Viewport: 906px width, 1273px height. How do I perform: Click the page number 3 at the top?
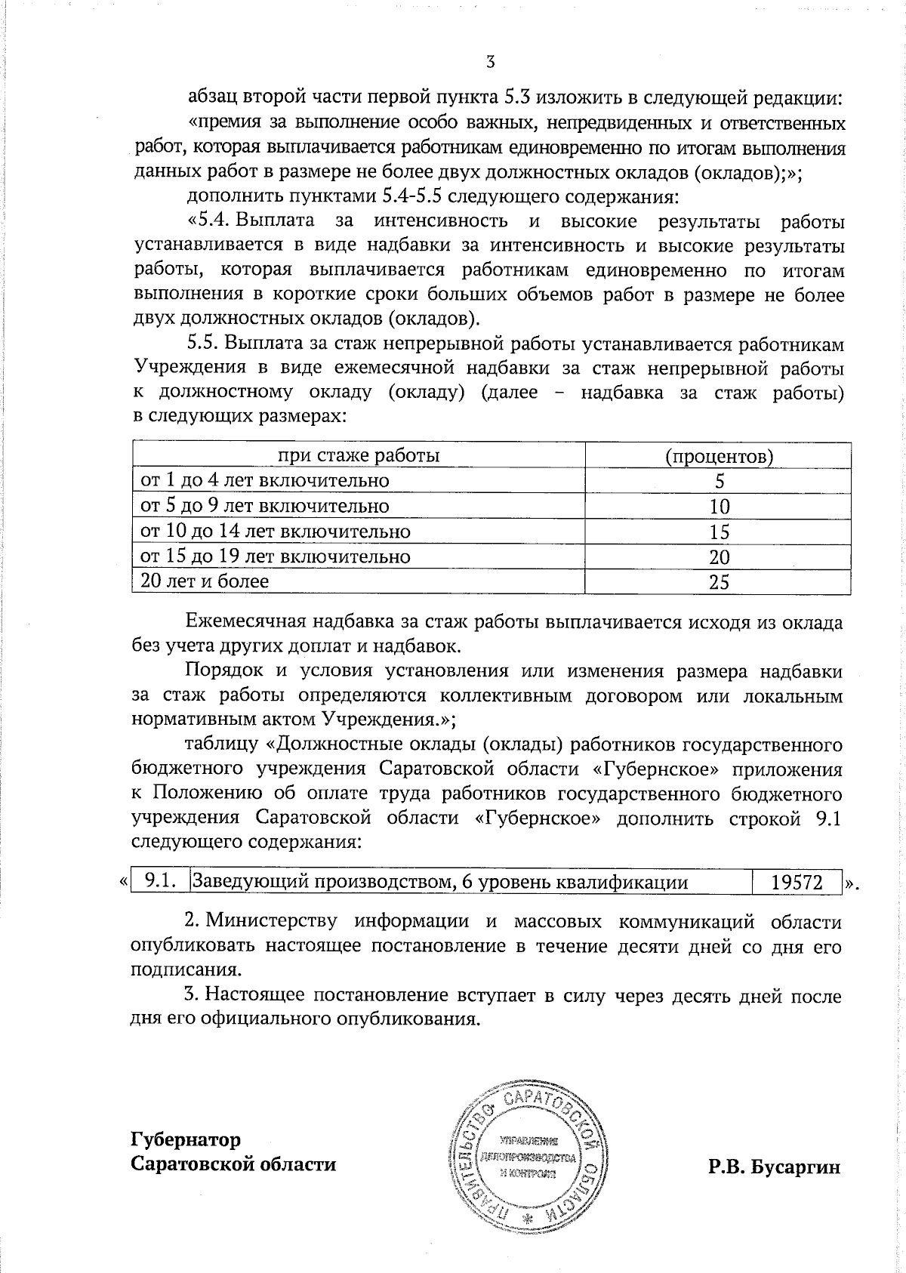tap(490, 62)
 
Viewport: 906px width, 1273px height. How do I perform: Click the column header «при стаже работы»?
tap(359, 455)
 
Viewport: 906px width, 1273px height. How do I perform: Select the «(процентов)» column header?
tap(719, 456)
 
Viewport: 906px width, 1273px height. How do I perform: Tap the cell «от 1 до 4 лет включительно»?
tap(265, 480)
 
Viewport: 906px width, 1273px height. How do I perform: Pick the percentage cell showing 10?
tap(720, 507)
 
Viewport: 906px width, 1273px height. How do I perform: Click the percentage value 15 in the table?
tap(720, 532)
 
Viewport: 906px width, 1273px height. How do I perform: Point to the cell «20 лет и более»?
tap(205, 581)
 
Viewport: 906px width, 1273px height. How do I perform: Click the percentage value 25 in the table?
tap(720, 581)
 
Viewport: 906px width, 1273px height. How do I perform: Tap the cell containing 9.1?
tap(160, 880)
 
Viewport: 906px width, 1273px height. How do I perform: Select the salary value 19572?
tap(797, 881)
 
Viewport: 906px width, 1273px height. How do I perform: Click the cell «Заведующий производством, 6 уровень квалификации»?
tap(440, 881)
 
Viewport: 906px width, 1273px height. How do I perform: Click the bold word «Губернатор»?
tap(186, 1139)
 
